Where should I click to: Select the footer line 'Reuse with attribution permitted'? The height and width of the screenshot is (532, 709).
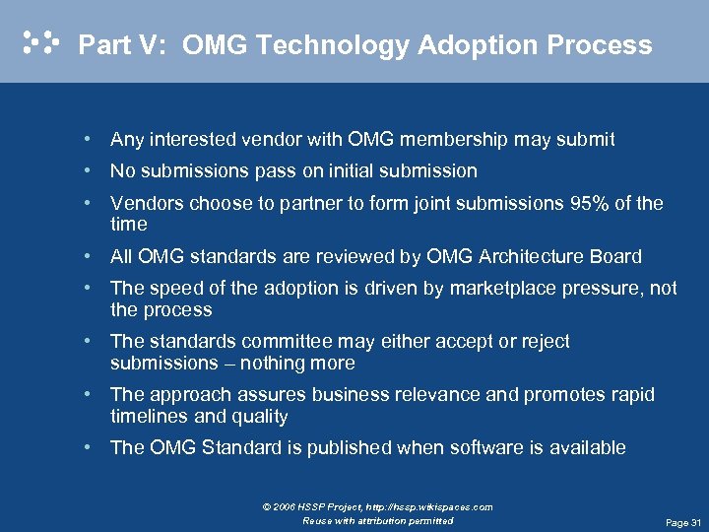click(378, 520)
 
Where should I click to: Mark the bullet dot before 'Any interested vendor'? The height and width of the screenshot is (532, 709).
click(89, 139)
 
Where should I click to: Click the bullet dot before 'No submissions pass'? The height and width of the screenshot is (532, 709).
click(89, 170)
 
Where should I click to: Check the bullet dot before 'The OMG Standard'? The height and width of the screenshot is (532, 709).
click(89, 447)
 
